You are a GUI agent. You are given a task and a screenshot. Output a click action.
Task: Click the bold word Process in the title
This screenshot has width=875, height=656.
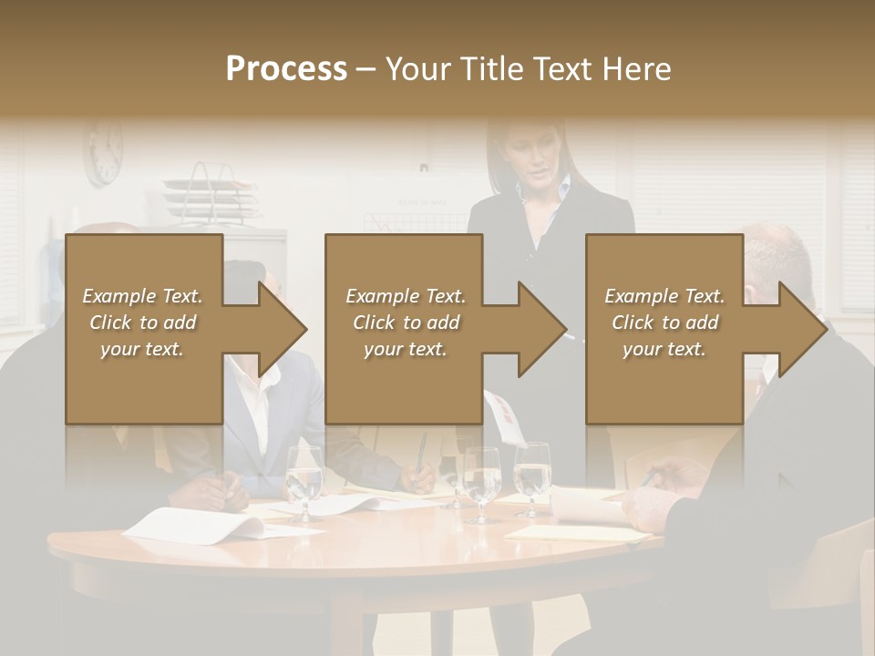286,69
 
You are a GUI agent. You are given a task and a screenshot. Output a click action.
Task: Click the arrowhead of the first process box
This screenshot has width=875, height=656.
283,329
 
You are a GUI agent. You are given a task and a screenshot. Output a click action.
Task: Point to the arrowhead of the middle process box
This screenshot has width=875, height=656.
542,329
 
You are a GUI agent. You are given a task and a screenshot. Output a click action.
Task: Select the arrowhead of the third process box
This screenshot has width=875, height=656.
803,329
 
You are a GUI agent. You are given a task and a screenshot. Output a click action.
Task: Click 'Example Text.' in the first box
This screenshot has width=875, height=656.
142,296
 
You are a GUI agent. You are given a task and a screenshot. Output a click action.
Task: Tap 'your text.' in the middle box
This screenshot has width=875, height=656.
405,349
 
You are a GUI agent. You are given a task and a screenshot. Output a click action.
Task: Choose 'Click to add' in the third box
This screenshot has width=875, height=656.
664,323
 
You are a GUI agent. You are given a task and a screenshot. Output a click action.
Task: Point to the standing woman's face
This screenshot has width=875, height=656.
531,155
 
